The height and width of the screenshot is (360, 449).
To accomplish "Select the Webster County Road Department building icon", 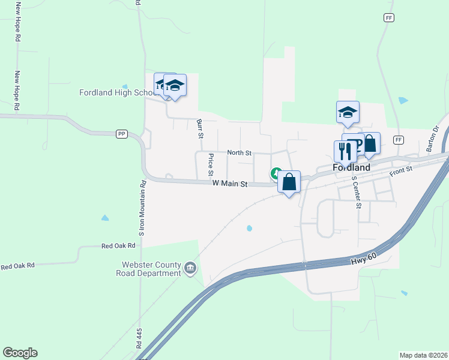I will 190,268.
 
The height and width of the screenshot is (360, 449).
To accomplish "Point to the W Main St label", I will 230,184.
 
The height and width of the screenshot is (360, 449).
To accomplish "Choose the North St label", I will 239,153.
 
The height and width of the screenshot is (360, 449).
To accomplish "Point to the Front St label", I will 400,172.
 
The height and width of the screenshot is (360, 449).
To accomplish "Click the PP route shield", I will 122,134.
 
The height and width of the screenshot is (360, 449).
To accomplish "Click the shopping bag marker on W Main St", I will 289,181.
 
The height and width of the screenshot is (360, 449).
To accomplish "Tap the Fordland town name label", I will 352,167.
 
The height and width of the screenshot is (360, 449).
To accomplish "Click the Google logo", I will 20,352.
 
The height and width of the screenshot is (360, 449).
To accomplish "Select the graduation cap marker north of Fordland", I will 348,112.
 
